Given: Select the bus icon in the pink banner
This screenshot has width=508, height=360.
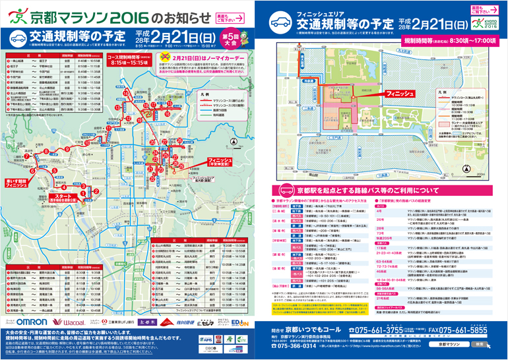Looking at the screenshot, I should pos(282,187).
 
